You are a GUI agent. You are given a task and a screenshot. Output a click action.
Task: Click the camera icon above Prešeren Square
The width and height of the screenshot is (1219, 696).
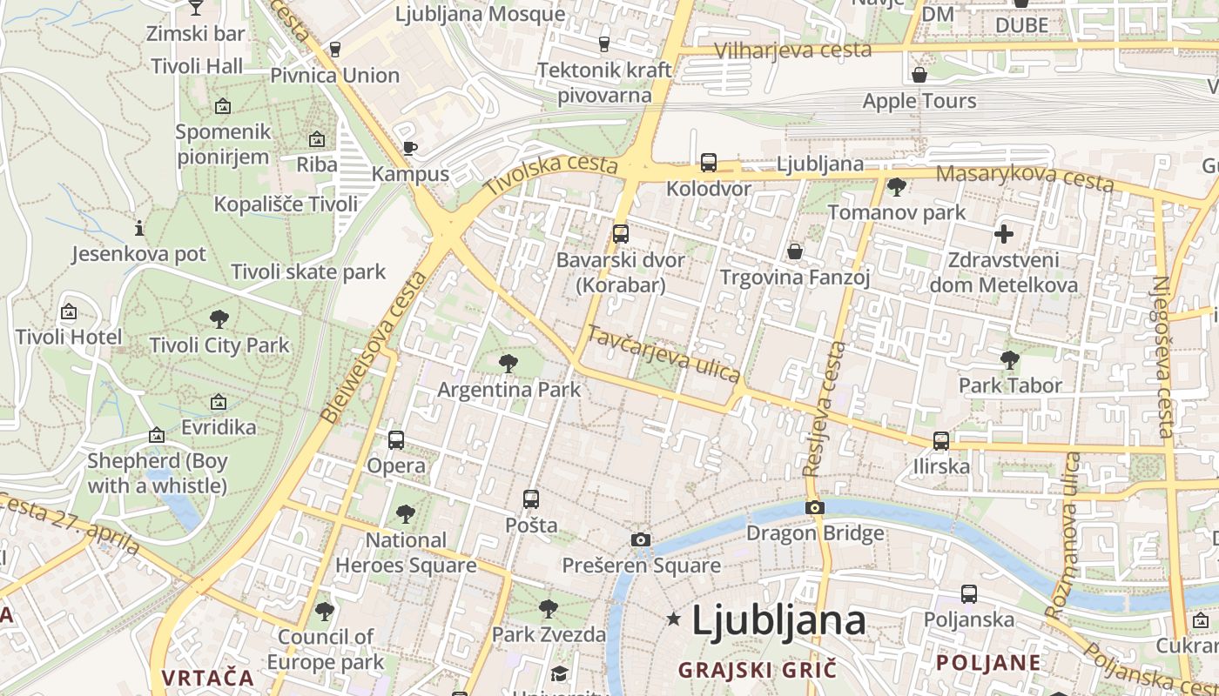pos(641,540)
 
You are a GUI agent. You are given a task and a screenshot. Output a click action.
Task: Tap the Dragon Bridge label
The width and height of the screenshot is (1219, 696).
pos(815,533)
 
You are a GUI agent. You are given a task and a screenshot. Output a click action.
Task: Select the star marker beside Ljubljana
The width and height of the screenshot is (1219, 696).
pos(673,619)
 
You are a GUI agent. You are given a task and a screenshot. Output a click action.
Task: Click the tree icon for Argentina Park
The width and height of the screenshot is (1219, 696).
pos(508,364)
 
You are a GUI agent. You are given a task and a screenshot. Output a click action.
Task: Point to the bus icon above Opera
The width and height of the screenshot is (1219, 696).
pos(396,440)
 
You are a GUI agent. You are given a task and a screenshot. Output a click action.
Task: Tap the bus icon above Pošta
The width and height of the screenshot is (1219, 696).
pos(531,499)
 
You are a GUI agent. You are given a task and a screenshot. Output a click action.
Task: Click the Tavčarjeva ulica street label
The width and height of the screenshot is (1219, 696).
pos(664,354)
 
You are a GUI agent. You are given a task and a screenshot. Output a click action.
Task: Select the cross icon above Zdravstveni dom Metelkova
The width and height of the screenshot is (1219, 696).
pos(1004,234)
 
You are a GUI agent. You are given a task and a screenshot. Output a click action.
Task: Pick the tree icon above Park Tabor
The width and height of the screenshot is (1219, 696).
pos(1010,359)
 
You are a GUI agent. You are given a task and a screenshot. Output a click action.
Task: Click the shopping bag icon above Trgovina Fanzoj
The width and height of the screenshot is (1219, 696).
pos(795,252)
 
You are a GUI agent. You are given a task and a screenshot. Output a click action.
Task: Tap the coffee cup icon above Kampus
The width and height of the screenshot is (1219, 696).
pos(410,148)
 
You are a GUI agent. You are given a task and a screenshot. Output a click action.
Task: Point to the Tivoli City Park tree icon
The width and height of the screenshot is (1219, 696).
pos(219,319)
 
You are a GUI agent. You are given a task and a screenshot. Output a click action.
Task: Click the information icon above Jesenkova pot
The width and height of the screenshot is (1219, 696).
pos(139,229)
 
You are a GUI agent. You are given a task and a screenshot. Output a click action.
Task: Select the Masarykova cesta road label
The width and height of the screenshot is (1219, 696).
pos(1025,177)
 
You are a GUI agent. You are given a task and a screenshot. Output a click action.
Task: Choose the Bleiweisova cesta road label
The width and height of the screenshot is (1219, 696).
pos(375,346)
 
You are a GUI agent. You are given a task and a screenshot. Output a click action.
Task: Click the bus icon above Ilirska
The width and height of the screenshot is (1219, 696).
pos(941,441)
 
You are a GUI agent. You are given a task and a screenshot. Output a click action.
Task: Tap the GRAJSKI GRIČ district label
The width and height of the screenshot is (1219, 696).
pos(757,670)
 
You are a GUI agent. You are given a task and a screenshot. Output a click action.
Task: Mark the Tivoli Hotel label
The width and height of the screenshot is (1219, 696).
pos(69,337)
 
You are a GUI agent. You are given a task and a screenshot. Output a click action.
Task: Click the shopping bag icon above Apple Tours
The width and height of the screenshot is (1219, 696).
pos(919,76)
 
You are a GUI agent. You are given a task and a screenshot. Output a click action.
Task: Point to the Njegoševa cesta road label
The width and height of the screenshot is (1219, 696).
pos(1163,357)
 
